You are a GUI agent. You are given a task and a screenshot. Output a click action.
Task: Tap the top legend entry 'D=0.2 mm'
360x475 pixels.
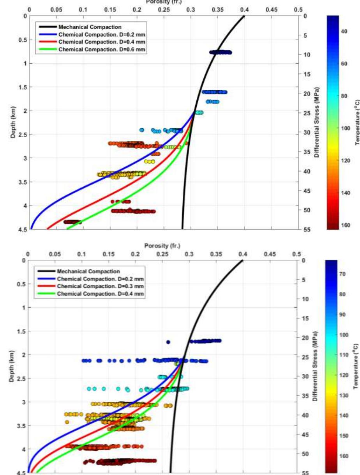[102, 34]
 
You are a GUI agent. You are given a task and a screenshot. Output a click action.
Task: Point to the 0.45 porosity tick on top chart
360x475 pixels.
[272, 9]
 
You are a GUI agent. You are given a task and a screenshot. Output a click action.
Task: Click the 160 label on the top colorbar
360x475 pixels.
[344, 225]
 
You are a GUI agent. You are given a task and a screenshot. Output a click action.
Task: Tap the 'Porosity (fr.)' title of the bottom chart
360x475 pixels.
[162, 246]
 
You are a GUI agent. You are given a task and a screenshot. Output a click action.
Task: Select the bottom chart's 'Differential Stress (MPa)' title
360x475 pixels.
[317, 367]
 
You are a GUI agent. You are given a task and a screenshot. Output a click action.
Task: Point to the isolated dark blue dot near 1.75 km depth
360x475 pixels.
[168, 342]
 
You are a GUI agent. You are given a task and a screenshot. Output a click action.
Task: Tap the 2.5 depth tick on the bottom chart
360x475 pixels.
[17, 379]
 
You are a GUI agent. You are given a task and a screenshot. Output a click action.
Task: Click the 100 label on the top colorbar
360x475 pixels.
[344, 128]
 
